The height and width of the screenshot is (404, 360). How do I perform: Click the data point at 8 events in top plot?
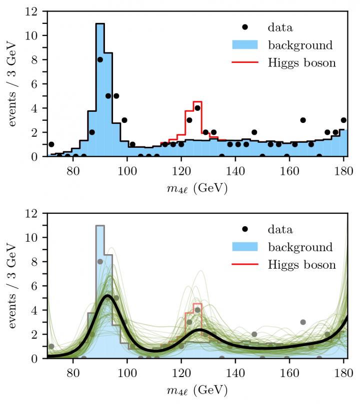coord(100,59)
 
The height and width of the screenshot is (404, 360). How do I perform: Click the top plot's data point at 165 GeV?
coord(303,120)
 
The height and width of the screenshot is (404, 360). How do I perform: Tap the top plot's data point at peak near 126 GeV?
coord(197,108)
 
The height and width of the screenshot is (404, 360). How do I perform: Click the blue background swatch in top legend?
coord(245,45)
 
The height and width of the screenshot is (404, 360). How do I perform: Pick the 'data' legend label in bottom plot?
coord(280,230)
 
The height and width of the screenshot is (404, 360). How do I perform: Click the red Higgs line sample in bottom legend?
coord(245,265)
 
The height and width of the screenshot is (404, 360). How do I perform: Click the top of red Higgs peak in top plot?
coord(197,102)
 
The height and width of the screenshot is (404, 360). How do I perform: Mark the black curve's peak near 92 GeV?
coord(107,296)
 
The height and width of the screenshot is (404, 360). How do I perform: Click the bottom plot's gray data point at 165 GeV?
coord(303,322)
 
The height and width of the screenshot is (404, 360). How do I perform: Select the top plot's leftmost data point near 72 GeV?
coord(51,144)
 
